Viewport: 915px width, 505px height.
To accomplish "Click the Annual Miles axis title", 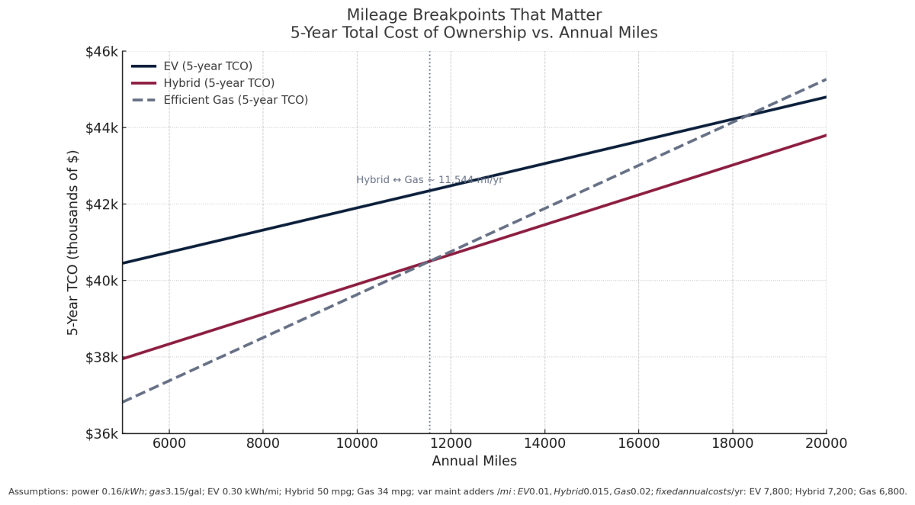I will click(x=474, y=462).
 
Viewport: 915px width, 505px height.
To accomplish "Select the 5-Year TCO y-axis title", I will click(x=73, y=243).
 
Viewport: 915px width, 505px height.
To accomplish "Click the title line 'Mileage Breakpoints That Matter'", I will click(x=474, y=15).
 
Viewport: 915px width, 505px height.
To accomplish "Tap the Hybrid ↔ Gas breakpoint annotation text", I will click(x=429, y=180).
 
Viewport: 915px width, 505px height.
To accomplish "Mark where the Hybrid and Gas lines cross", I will click(x=429, y=261).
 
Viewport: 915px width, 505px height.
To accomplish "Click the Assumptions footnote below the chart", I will click(x=457, y=492).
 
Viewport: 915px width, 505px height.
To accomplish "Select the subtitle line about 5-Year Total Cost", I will click(x=474, y=33).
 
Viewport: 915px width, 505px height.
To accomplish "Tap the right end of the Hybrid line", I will click(x=826, y=135).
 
